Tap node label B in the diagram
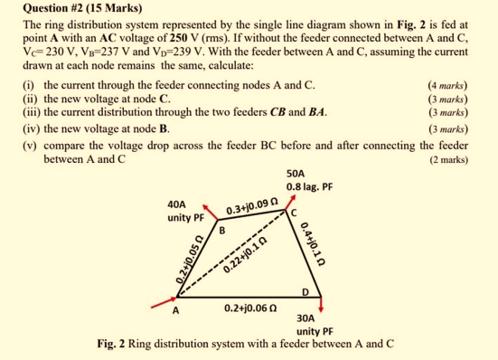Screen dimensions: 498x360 tap(221, 230)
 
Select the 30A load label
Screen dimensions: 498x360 tap(307, 317)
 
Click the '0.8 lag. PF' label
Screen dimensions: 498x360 tap(310, 187)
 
